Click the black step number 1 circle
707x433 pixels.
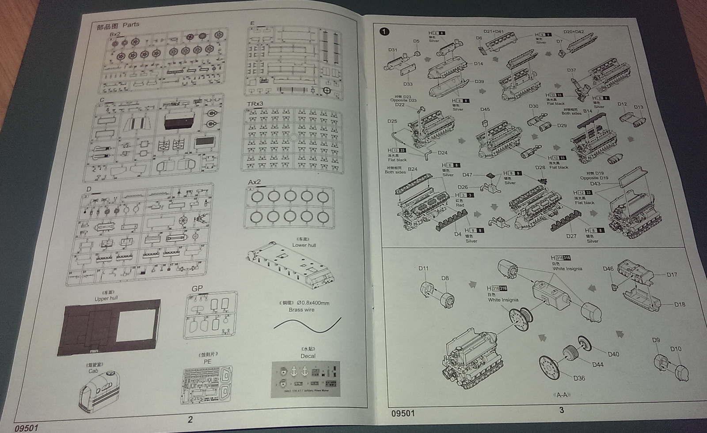pos(384,31)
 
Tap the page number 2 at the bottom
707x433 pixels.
pos(190,419)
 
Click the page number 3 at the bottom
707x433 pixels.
pos(562,410)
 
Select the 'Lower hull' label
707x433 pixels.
pos(304,245)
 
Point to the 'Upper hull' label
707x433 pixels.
pos(106,298)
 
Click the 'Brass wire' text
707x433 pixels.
pos(302,309)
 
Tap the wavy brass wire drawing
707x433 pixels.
pos(308,325)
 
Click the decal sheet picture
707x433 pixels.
pos(306,379)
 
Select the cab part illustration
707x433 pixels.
pos(100,392)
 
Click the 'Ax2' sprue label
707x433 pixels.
pos(254,182)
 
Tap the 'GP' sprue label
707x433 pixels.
pos(197,288)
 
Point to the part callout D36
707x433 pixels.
pos(579,378)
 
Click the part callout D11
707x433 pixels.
pos(423,268)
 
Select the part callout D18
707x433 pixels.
pos(680,305)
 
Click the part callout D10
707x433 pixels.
pos(676,349)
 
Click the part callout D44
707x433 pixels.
pos(598,365)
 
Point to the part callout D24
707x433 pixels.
pos(442,153)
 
